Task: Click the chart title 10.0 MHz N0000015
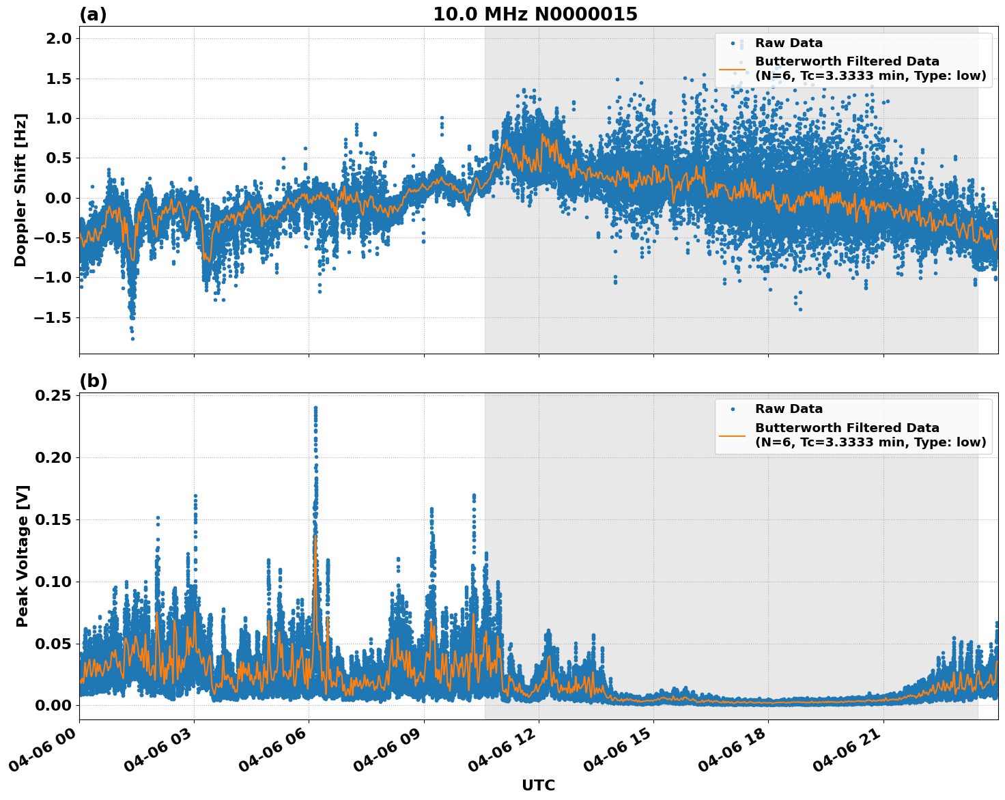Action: coord(535,14)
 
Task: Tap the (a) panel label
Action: coord(93,14)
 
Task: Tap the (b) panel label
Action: coord(93,381)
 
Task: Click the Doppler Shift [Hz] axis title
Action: coord(20,190)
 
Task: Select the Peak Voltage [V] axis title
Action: coord(23,556)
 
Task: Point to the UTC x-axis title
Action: coord(538,785)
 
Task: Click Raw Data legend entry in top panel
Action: coord(789,43)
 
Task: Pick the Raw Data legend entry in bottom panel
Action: coord(789,409)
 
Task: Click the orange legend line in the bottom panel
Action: coord(732,435)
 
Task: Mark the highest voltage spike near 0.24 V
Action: coord(315,408)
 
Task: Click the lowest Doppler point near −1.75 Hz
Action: coord(132,339)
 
